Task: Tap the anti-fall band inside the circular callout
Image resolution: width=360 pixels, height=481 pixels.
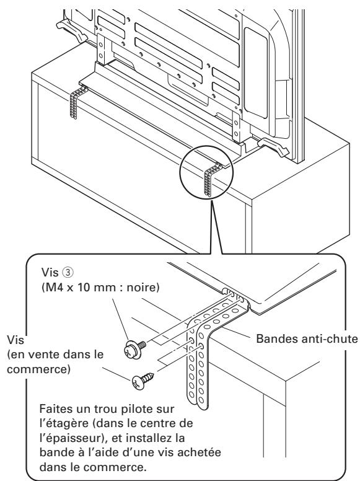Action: (211, 180)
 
